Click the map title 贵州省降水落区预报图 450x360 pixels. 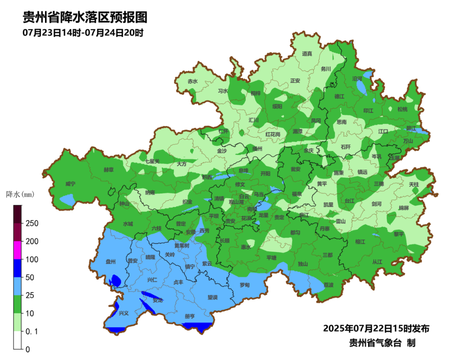click(85, 17)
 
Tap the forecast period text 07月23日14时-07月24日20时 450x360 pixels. click(83, 32)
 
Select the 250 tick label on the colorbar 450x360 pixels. click(32, 223)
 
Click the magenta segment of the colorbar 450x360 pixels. click(18, 250)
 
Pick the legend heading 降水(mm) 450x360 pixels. click(20, 194)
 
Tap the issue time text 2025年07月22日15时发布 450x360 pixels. click(376, 328)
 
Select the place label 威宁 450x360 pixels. click(70, 184)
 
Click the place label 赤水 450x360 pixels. click(192, 81)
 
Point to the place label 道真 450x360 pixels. click(307, 53)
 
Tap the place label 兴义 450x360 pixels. click(124, 313)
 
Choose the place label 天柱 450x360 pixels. click(414, 184)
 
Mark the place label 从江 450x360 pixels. click(377, 262)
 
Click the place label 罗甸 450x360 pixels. click(245, 285)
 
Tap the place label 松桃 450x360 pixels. click(402, 109)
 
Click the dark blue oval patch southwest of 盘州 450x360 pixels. click(116, 281)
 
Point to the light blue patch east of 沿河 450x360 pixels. click(367, 75)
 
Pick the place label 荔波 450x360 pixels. click(328, 285)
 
